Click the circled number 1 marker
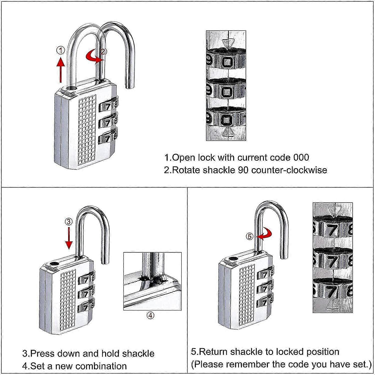coord(60,50)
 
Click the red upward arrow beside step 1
coord(60,69)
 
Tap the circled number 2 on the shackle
coord(103,52)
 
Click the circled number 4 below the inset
coord(150,315)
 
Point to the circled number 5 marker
coord(249,236)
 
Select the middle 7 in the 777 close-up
coord(332,262)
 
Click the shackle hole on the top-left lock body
coord(72,88)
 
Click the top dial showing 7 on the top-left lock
coord(108,106)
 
